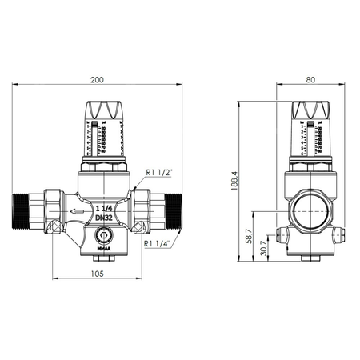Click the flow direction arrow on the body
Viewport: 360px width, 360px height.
[x=78, y=212]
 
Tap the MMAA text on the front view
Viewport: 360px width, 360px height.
[x=103, y=248]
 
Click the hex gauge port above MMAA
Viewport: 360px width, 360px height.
[x=103, y=236]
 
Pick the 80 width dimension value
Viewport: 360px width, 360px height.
[x=309, y=79]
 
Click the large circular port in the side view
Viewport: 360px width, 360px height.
[x=309, y=210]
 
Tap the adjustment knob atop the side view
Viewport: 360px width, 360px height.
[x=309, y=111]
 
